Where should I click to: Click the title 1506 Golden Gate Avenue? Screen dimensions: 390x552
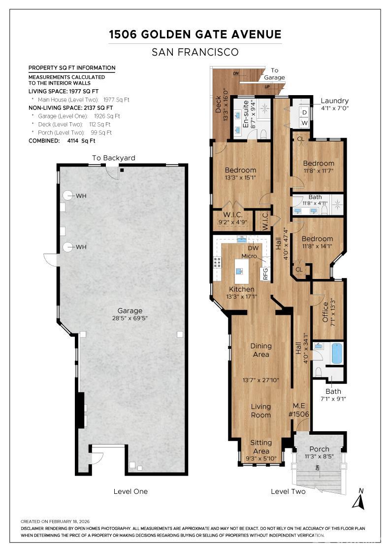point(195,34)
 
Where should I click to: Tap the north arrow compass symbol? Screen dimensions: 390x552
point(358,499)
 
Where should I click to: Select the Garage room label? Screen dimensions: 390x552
point(130,311)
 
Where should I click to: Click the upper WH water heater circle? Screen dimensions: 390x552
point(68,195)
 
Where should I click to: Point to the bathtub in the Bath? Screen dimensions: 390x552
point(336,353)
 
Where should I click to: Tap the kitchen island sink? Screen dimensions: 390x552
point(240,271)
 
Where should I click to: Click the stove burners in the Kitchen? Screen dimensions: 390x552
point(217,262)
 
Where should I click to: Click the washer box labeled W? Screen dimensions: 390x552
point(304,123)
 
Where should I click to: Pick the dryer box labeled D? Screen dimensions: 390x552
point(304,112)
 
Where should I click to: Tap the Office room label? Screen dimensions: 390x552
point(325,312)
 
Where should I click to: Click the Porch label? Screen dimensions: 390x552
point(319,449)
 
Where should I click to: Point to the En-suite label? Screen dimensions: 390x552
point(246,114)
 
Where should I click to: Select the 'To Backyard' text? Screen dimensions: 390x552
point(114,158)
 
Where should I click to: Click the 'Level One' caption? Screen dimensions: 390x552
point(130,491)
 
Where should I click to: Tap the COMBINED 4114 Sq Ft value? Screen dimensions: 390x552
point(81,141)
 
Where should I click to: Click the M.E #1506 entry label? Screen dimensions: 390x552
point(298,410)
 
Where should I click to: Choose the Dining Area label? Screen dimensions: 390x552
point(261,350)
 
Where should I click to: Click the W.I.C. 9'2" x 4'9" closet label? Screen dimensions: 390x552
point(233,218)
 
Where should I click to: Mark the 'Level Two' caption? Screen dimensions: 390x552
point(288,491)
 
